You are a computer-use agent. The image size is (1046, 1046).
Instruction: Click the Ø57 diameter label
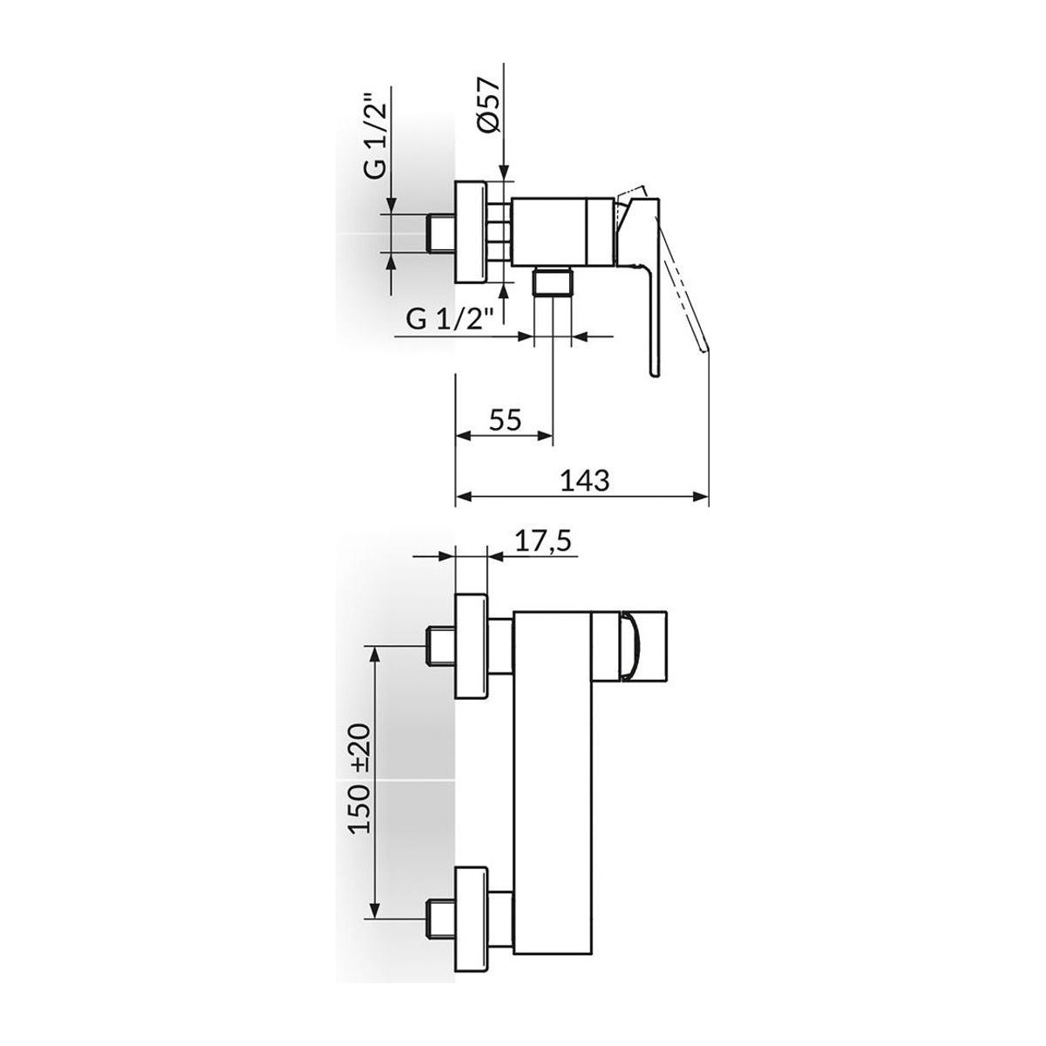487,105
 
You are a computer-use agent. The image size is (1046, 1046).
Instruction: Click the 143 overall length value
584,480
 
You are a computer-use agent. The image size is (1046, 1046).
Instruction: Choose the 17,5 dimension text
543,543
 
